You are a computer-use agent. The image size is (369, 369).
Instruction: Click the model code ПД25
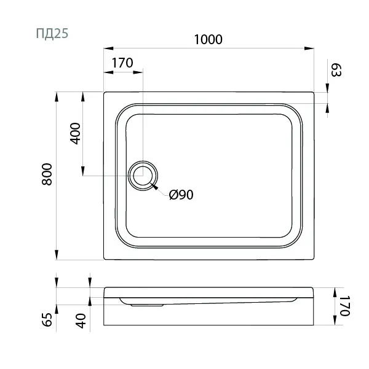pyautogui.click(x=52, y=33)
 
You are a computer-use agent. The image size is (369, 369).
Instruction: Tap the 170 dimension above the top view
pyautogui.click(x=123, y=63)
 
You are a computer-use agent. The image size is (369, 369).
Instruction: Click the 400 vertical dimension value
pyautogui.click(x=75, y=133)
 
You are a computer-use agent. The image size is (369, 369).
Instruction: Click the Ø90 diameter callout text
pyautogui.click(x=181, y=195)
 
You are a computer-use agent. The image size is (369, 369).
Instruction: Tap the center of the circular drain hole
pyautogui.click(x=143, y=176)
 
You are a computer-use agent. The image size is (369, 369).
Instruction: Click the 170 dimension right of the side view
pyautogui.click(x=344, y=305)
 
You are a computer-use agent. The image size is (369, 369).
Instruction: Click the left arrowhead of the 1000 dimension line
pyautogui.click(x=106, y=47)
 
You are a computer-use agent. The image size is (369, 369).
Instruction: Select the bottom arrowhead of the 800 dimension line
pyautogui.click(x=57, y=256)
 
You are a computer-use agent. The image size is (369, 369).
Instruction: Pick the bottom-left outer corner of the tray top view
pyautogui.click(x=104, y=259)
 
